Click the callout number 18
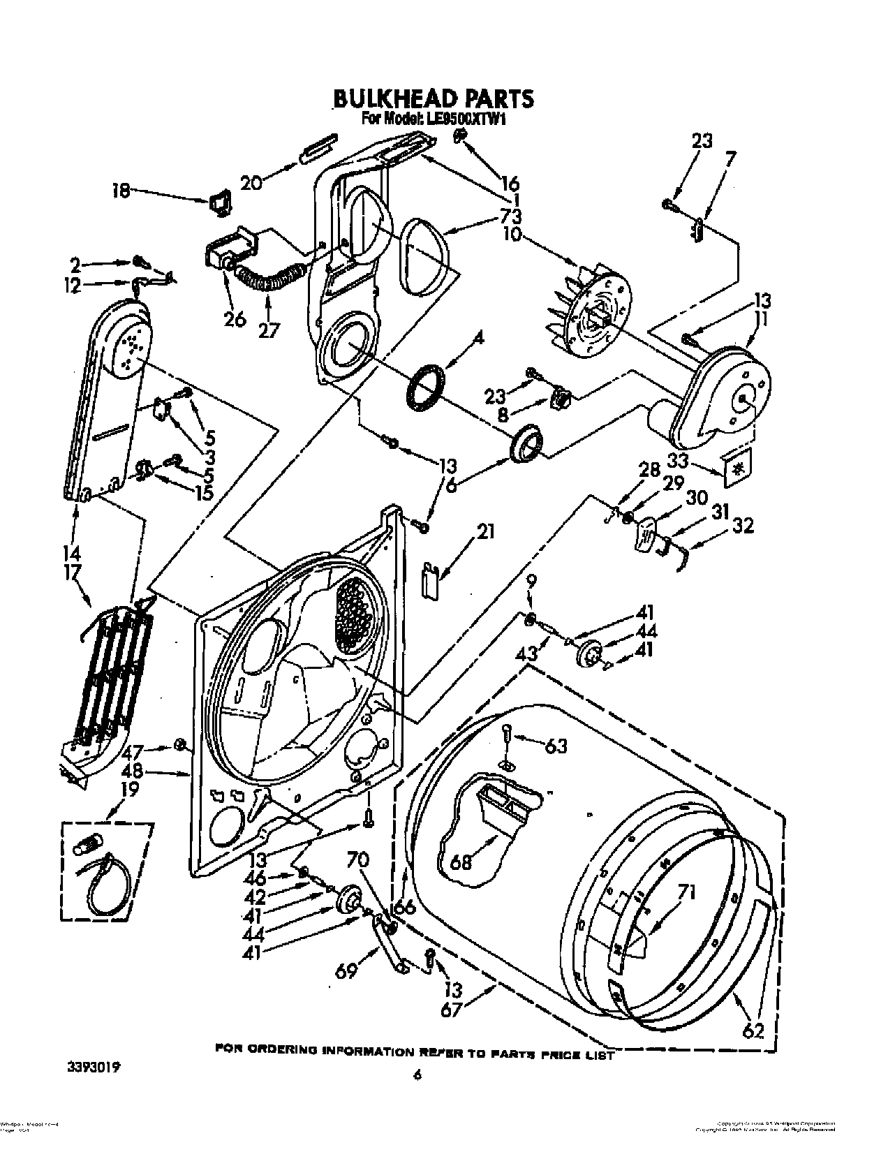pos(122,190)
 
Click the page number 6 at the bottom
pos(417,1095)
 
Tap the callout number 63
pos(556,747)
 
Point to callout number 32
pos(743,525)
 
